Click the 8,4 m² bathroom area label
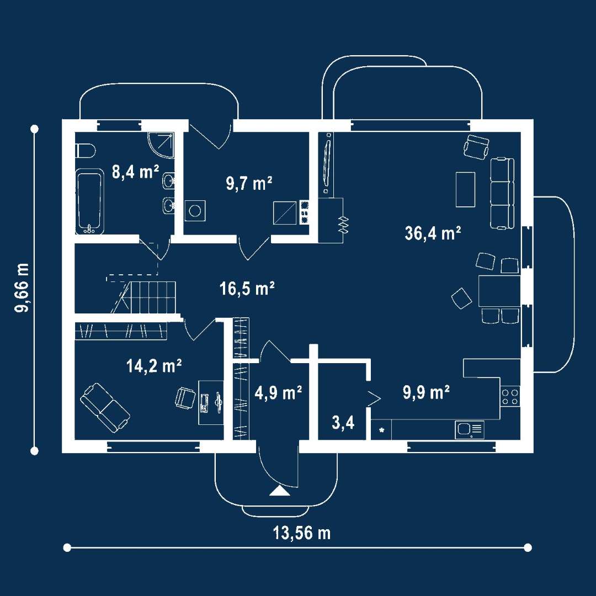click(x=135, y=172)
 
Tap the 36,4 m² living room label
click(x=433, y=233)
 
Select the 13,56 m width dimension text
click(x=302, y=533)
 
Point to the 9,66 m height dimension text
click(x=22, y=288)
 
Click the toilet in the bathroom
click(x=85, y=151)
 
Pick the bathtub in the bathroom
click(x=89, y=201)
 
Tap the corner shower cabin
click(x=161, y=145)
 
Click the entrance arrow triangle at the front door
click(x=280, y=491)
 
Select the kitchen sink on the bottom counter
click(x=470, y=430)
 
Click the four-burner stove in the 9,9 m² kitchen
click(x=510, y=396)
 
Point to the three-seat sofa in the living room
click(x=502, y=193)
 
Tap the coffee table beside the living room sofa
click(x=466, y=189)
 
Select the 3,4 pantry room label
click(x=343, y=422)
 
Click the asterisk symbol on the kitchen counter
click(x=382, y=430)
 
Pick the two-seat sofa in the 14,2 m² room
click(x=105, y=408)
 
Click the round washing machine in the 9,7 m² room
click(x=195, y=211)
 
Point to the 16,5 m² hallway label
click(x=247, y=289)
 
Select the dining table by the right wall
click(x=499, y=291)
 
